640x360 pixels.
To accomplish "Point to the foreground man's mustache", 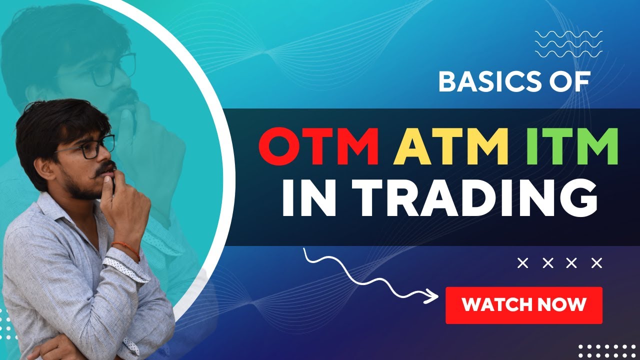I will (105, 168).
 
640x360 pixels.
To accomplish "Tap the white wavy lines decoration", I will (568, 43).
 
